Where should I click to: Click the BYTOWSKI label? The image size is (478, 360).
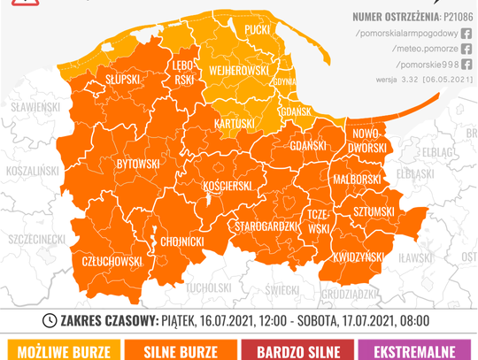pos(138,164)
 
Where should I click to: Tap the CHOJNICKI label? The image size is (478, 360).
pos(183,240)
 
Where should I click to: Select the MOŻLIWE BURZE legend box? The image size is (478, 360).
pos(58,351)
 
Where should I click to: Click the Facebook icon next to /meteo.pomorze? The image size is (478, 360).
pos(466,48)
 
